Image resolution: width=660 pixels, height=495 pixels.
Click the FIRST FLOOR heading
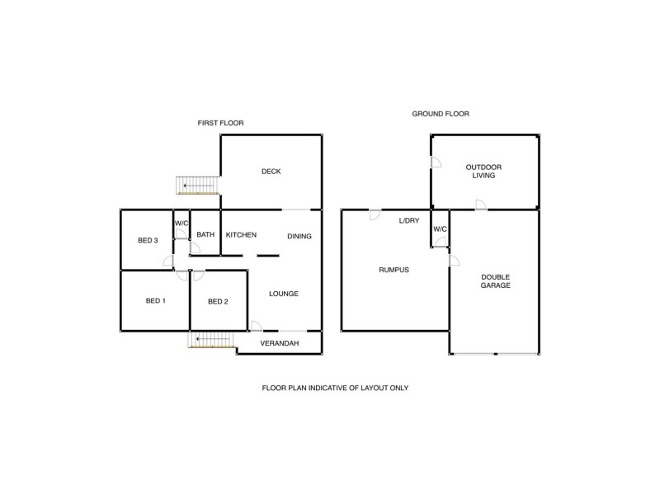[220, 123]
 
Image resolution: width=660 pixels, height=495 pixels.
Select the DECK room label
[271, 172]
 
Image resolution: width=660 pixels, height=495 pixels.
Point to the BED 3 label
[148, 240]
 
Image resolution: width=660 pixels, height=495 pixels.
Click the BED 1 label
[156, 301]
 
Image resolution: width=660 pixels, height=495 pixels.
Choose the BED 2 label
[218, 302]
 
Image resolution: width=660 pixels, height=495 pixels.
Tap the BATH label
[205, 235]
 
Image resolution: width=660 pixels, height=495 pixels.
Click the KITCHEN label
[241, 235]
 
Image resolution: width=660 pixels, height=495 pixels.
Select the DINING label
[299, 237]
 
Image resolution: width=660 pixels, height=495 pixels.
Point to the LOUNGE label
[284, 294]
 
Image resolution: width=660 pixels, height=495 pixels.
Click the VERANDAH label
[279, 343]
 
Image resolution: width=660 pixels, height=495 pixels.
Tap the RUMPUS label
[394, 270]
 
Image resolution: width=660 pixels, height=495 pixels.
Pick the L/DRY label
[409, 221]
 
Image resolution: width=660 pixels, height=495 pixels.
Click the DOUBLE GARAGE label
[496, 280]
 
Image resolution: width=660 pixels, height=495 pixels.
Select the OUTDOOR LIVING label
[483, 172]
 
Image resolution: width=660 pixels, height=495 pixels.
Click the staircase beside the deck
[198, 186]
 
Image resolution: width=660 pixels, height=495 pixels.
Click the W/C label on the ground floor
[440, 229]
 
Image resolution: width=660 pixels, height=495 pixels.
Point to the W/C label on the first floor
[181, 222]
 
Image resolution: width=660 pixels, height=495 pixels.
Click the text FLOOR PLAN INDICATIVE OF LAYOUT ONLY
[335, 388]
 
